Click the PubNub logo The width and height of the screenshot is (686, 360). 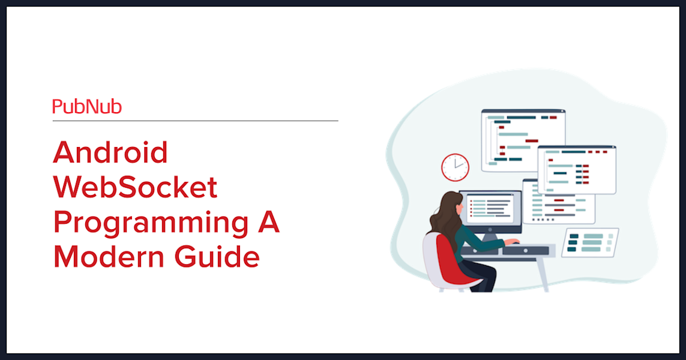(86, 107)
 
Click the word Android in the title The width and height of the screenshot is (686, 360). (110, 152)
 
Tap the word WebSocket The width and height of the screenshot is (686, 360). (135, 187)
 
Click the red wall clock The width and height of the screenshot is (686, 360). (455, 167)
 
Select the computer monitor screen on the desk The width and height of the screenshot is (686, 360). (490, 209)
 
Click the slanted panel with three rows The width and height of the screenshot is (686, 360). (591, 242)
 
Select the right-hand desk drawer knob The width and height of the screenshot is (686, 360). (525, 251)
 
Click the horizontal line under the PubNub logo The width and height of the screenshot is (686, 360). (195, 121)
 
